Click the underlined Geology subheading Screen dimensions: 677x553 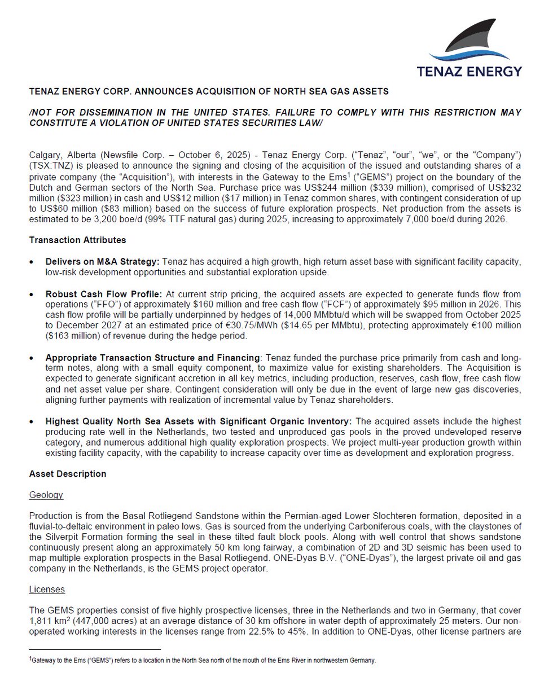[x=46, y=495]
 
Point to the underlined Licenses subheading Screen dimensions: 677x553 [x=47, y=589]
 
